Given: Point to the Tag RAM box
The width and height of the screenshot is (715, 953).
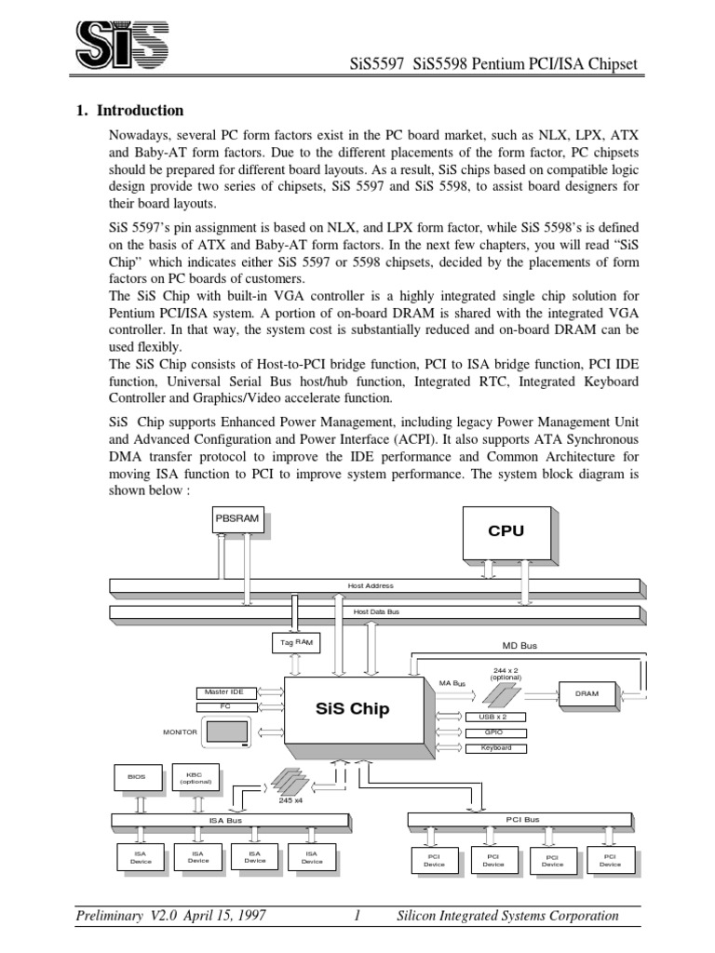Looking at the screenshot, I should (x=293, y=641).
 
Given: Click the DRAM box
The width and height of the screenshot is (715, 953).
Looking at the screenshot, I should (x=587, y=693).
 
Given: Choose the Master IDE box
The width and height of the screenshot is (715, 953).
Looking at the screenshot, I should (x=224, y=691).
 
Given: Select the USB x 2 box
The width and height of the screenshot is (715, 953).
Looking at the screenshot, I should (x=489, y=717).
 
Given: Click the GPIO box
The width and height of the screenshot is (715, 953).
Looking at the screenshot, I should (x=489, y=732).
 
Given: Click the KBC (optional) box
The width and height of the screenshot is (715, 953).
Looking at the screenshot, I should (x=195, y=777).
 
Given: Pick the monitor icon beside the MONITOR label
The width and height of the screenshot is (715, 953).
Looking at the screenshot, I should (x=227, y=734).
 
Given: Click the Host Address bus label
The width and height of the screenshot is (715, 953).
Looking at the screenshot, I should (x=371, y=585).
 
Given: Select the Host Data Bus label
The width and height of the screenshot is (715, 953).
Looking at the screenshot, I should (x=376, y=611).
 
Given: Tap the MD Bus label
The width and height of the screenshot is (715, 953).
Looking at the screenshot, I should (x=519, y=645).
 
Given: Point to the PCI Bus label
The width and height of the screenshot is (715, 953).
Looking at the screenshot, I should (x=522, y=820).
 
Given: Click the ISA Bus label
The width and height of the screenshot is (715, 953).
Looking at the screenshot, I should (x=225, y=820).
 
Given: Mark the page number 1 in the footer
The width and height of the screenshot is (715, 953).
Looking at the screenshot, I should (x=357, y=916).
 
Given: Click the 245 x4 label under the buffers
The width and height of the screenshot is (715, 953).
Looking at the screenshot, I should (x=291, y=800).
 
